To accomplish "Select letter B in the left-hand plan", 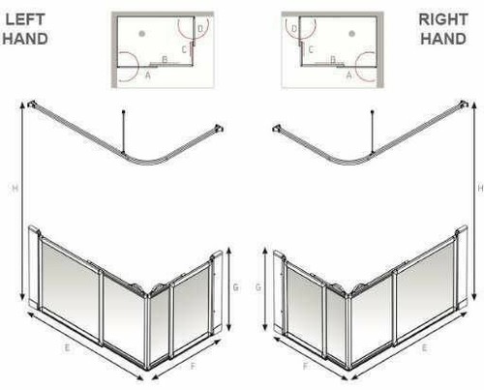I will point(166,60).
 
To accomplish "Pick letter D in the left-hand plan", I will point(199,30).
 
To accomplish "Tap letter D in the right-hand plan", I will point(294,30).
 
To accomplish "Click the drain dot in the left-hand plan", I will point(142,33).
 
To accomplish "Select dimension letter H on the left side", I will point(12,189).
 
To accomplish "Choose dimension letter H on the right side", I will point(471,189).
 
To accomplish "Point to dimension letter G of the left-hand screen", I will point(235,286).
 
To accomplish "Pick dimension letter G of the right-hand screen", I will point(256,286).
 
